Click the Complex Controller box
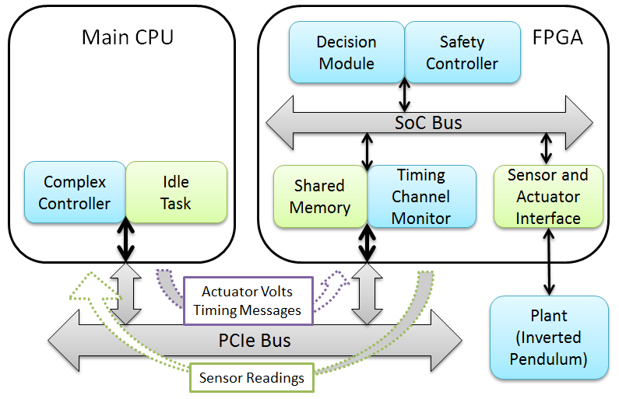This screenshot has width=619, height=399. pyautogui.click(x=75, y=193)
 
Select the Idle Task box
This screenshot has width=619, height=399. pyautogui.click(x=176, y=193)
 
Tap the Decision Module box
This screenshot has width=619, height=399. pyautogui.click(x=346, y=52)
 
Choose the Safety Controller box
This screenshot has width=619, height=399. pyautogui.click(x=462, y=52)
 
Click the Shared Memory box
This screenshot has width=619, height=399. pyautogui.click(x=320, y=197)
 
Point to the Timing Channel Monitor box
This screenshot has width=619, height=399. pyautogui.click(x=420, y=197)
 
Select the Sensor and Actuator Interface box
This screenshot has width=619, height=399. pyautogui.click(x=548, y=197)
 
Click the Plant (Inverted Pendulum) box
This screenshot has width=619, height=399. pyautogui.click(x=548, y=338)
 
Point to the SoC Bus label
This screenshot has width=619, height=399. pyautogui.click(x=429, y=123)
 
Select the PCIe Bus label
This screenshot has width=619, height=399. pyautogui.click(x=254, y=340)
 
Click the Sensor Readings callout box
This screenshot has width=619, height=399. pyautogui.click(x=251, y=378)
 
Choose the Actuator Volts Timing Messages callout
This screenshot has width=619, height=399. pyautogui.click(x=247, y=301)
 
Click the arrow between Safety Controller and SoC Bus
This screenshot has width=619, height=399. pyautogui.click(x=404, y=95)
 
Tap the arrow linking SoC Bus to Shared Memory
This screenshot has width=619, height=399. pyautogui.click(x=365, y=151)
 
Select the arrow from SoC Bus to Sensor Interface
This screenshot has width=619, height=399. pyautogui.click(x=547, y=148)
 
